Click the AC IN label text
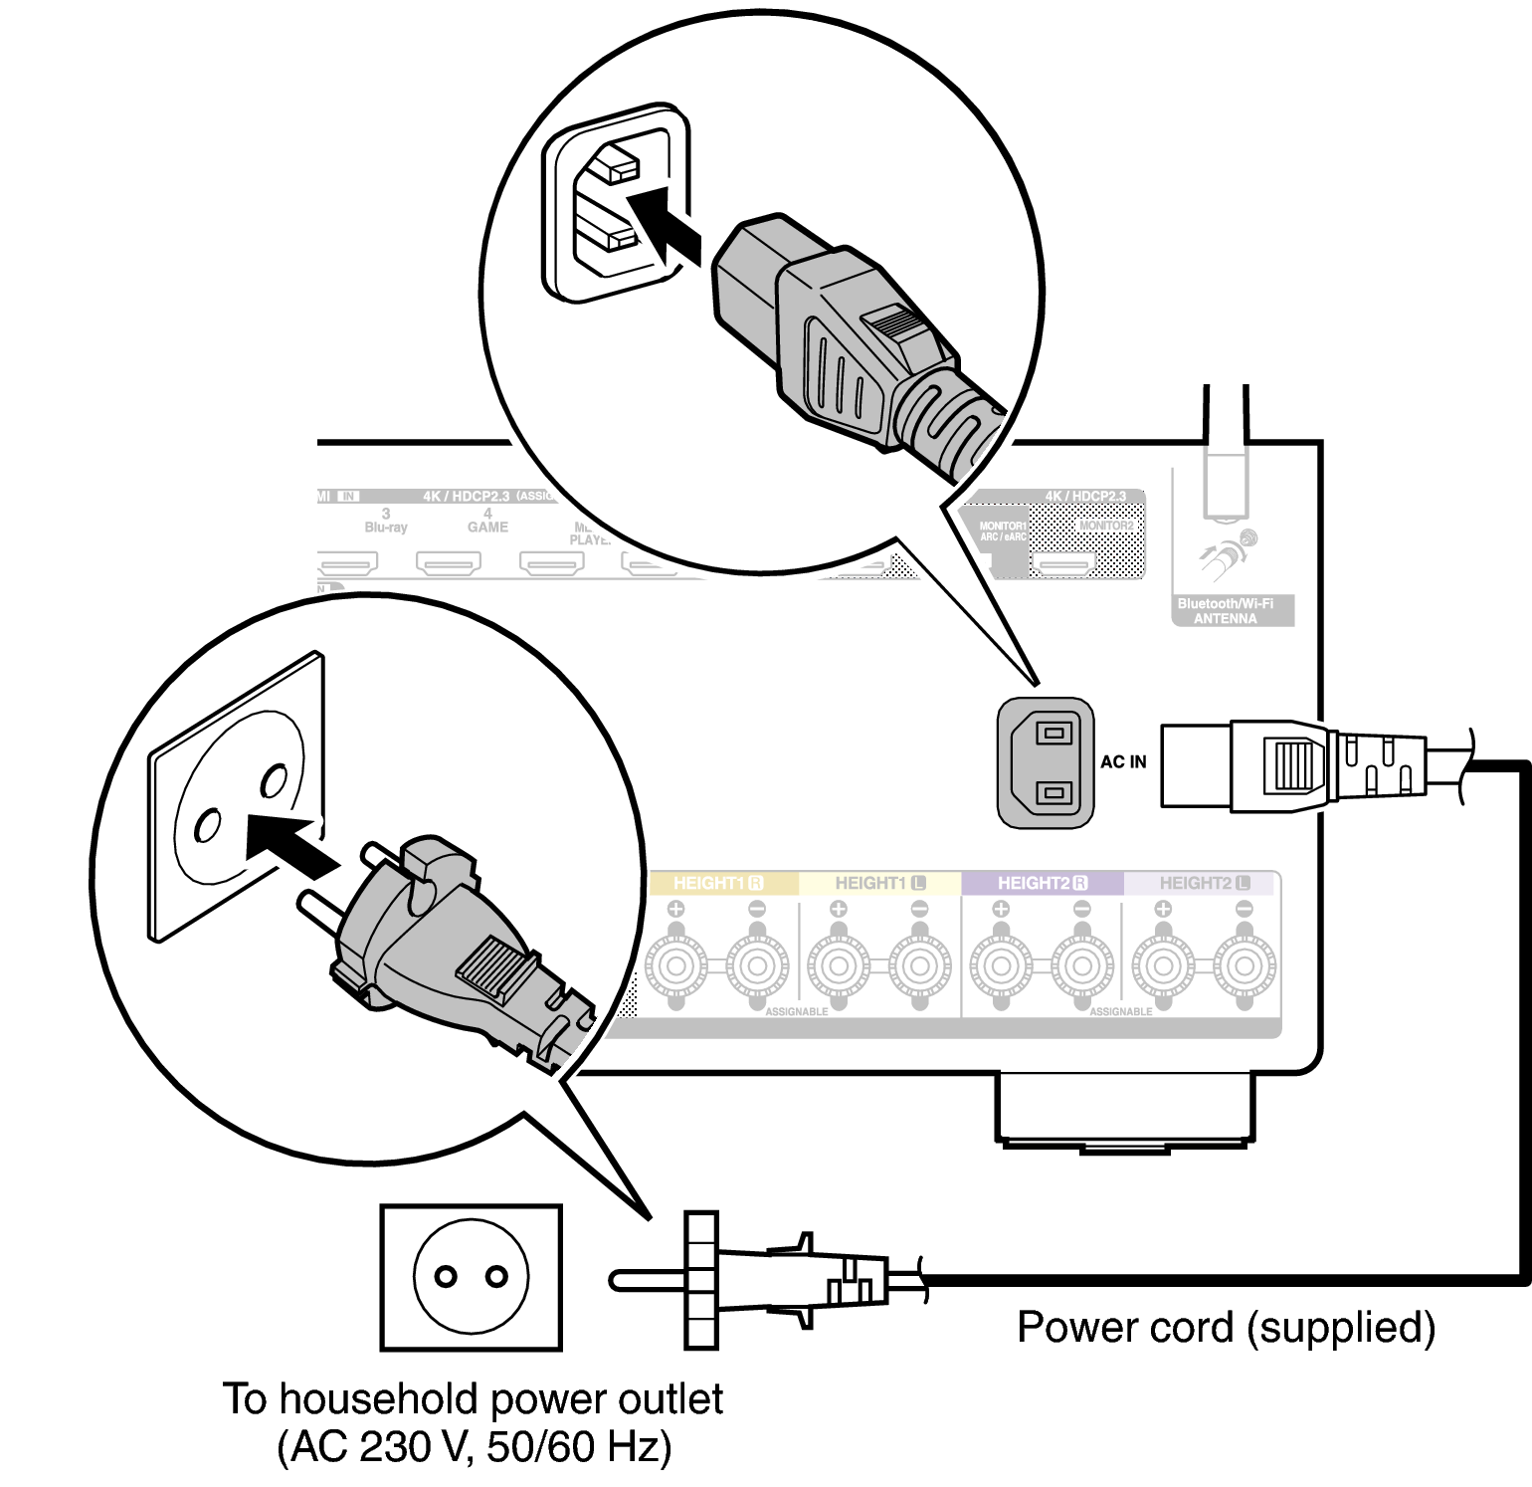(x=1123, y=761)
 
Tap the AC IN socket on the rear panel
(x=1046, y=762)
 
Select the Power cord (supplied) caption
(x=1226, y=1327)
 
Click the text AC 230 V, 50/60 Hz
(x=474, y=1446)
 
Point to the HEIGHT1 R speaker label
(x=717, y=883)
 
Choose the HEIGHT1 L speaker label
(x=879, y=883)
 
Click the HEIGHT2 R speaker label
(x=1042, y=883)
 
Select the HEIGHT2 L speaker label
(x=1204, y=883)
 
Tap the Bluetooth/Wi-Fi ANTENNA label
(x=1225, y=610)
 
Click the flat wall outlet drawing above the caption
(x=471, y=1277)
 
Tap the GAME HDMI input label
(x=487, y=522)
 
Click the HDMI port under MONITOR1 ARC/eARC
(x=1062, y=563)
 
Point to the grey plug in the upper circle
(x=846, y=338)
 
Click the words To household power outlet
(x=474, y=1398)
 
